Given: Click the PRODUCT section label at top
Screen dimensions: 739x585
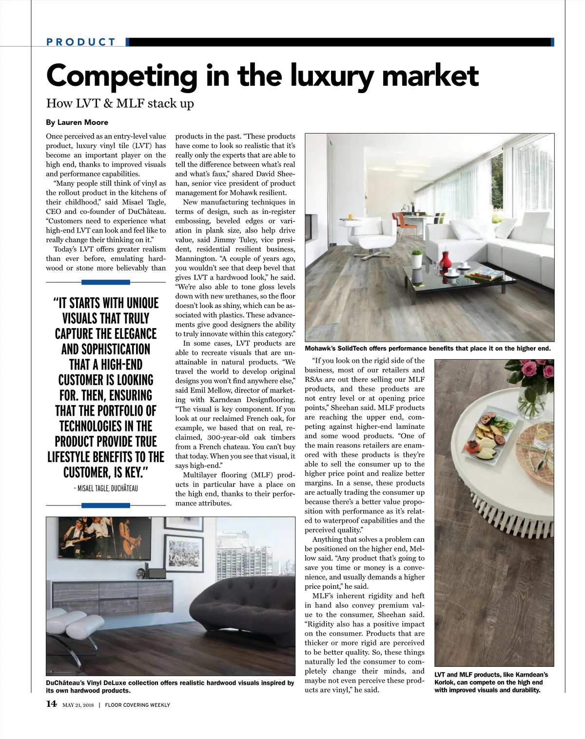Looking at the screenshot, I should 81,42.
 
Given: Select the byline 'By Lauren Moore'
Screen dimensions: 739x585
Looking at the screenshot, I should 77,122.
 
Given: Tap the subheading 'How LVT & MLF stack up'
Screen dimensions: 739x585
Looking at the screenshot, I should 120,103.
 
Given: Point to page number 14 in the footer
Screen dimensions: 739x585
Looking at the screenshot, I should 51,704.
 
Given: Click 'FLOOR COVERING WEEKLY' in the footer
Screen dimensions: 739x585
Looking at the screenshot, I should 137,705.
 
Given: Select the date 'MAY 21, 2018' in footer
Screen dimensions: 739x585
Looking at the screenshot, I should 78,705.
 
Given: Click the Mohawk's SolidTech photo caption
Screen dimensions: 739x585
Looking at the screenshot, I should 428,349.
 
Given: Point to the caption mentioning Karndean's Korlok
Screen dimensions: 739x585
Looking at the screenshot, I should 491,682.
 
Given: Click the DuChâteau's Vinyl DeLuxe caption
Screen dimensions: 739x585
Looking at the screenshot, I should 170,686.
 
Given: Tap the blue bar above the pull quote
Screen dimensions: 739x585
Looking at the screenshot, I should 106,282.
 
